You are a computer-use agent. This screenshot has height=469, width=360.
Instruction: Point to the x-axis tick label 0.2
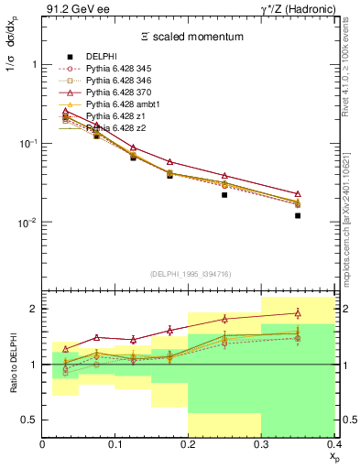(189, 444)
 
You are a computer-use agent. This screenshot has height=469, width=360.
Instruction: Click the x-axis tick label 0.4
(333, 444)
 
